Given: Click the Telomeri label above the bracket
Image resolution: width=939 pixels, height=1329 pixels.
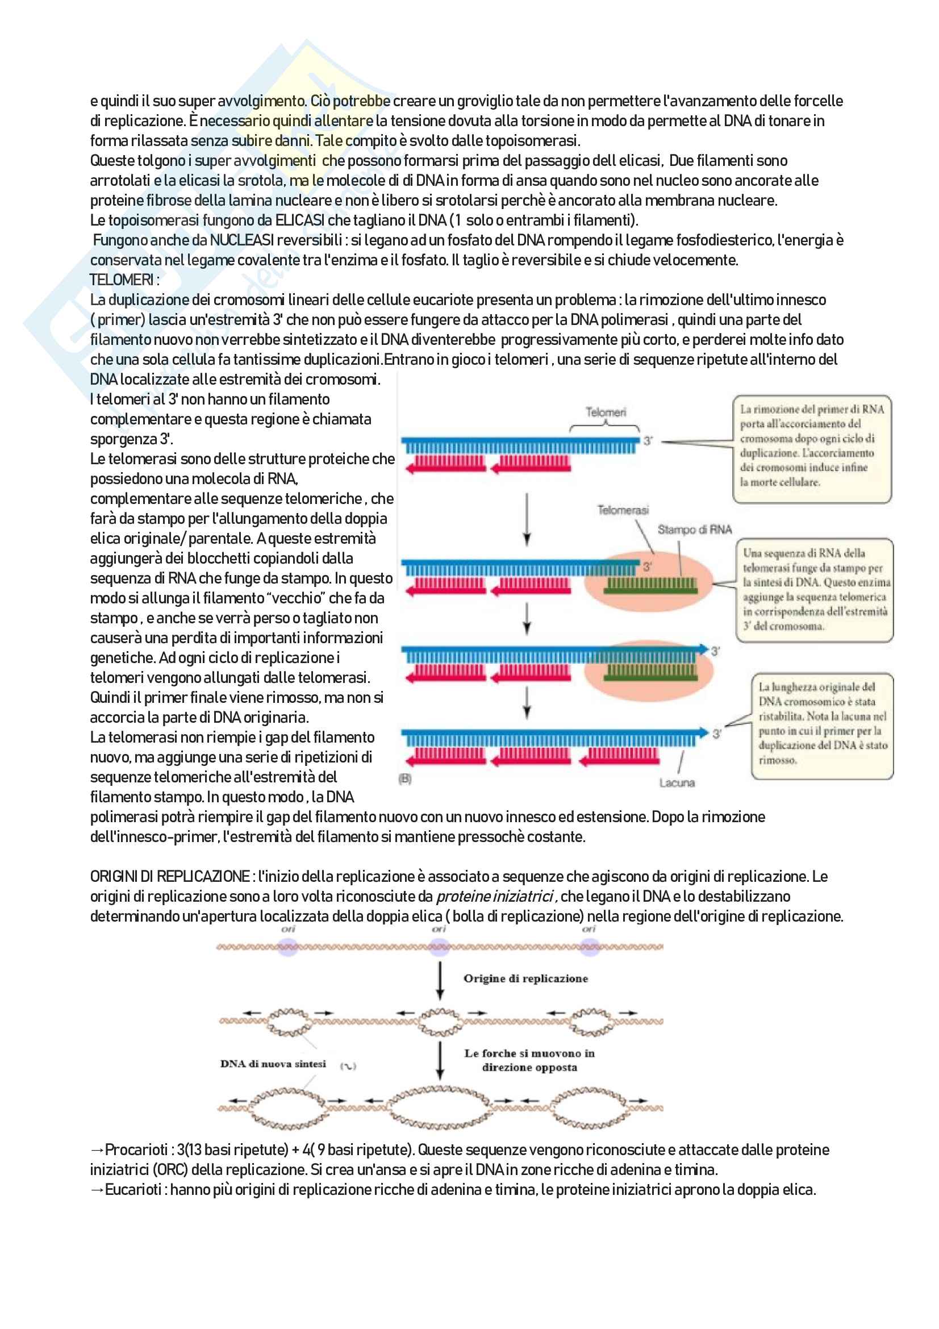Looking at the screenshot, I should pyautogui.click(x=605, y=412).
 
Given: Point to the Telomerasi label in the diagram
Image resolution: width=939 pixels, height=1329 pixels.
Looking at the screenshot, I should pyautogui.click(x=623, y=510).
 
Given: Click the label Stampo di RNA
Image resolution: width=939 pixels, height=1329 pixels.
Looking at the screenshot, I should pyautogui.click(x=694, y=530).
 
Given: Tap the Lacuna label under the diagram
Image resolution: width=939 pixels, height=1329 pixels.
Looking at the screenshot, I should pyautogui.click(x=677, y=783).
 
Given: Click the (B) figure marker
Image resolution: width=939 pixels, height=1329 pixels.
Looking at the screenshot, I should pyautogui.click(x=405, y=779).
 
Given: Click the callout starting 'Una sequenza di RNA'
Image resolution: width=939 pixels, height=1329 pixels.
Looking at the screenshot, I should pyautogui.click(x=815, y=589).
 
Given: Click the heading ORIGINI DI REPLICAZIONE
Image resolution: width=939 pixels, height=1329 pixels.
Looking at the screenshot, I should pyautogui.click(x=169, y=877).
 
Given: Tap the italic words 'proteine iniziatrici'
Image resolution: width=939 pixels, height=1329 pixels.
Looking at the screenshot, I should pyautogui.click(x=495, y=897).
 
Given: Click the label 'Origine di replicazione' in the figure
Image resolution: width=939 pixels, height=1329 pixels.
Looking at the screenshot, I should pyautogui.click(x=525, y=979).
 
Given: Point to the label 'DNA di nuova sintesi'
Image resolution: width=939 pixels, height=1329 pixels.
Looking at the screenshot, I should pyautogui.click(x=273, y=1064).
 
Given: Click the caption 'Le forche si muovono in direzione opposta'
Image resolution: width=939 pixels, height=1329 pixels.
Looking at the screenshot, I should pyautogui.click(x=529, y=1060).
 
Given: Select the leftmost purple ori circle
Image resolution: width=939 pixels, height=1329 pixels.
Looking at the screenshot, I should pyautogui.click(x=288, y=948).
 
